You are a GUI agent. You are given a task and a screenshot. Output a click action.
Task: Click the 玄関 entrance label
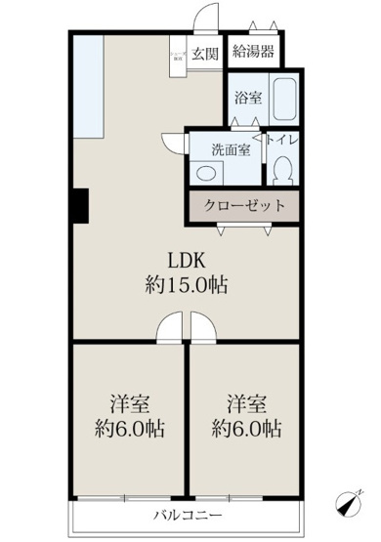pos(204,53)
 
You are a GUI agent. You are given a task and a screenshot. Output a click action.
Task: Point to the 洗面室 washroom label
pos(232,149)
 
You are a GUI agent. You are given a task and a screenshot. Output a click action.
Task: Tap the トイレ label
pos(280,143)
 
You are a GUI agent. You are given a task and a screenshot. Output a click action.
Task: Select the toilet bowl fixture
pos(283,171)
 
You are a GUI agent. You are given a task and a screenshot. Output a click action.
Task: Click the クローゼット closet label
pos(244,206)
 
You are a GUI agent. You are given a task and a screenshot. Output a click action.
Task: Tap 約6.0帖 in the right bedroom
pos(247,429)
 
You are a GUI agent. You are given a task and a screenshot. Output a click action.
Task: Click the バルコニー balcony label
pos(187,515)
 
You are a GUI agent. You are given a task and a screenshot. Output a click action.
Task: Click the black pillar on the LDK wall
pos(77,204)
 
